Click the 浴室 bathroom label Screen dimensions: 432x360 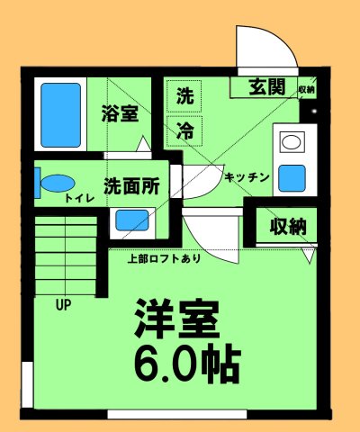(120, 114)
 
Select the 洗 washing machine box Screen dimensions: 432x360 (184, 95)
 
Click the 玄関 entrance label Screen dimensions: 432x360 (267, 87)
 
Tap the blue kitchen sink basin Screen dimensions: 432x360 (292, 177)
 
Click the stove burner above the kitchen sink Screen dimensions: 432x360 (292, 142)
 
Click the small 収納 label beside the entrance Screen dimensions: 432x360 (306, 90)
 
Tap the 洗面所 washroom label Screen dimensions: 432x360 (131, 187)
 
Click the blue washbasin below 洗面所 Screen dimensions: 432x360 (132, 220)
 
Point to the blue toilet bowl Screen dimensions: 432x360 (57, 183)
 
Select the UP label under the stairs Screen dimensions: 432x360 (64, 304)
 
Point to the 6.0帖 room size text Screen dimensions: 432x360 (187, 361)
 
